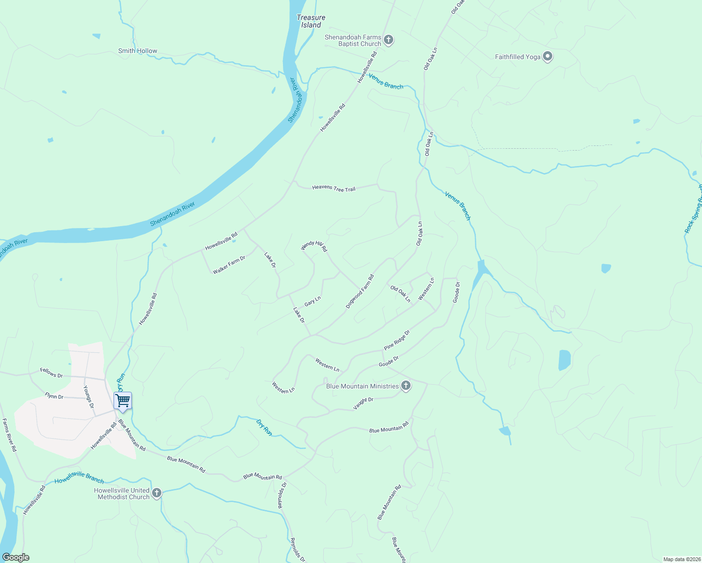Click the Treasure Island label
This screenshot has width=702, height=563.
click(311, 21)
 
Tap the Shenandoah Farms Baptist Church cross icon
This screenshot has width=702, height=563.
click(388, 40)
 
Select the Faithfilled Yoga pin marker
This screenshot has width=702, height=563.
click(547, 56)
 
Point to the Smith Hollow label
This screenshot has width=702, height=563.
click(137, 51)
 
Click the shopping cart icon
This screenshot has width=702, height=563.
click(122, 401)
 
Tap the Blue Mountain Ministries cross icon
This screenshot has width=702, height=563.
click(406, 386)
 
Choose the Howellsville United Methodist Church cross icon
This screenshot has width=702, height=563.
click(157, 493)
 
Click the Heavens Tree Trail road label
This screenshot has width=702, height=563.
click(334, 188)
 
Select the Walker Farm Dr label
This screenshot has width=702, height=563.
click(229, 265)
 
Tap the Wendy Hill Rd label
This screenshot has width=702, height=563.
click(314, 245)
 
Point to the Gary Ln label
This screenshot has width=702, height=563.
click(313, 301)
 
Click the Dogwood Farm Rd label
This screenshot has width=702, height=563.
click(360, 291)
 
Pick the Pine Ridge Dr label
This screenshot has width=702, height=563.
click(397, 340)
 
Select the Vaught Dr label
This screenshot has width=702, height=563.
click(363, 403)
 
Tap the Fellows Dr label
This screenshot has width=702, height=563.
click(52, 374)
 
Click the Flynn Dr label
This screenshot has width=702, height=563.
click(54, 396)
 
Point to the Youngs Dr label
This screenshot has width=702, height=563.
click(89, 396)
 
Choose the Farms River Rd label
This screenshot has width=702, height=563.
click(9, 435)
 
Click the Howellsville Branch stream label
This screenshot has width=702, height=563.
click(79, 478)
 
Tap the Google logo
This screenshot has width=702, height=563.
click(15, 557)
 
